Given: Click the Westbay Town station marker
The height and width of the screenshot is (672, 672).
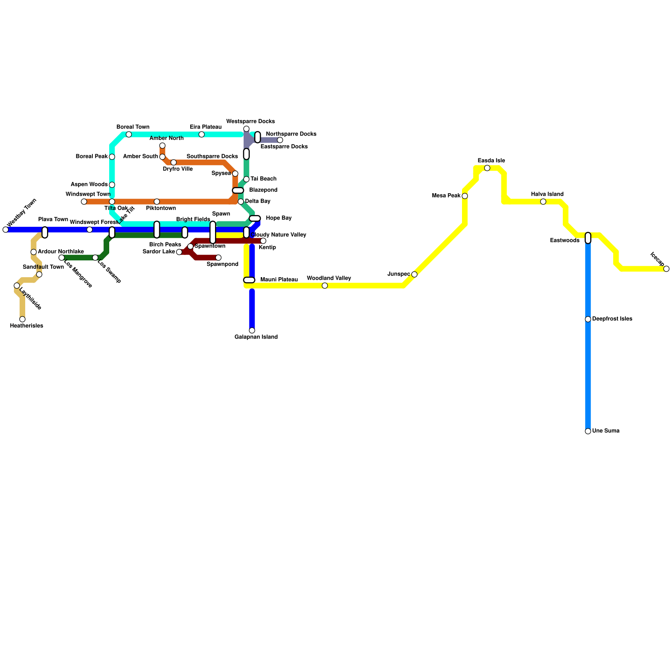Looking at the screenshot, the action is [x=5, y=229].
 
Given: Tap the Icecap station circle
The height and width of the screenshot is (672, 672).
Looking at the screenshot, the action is [x=666, y=269].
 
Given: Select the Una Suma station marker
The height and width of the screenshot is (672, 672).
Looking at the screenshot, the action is [x=588, y=431].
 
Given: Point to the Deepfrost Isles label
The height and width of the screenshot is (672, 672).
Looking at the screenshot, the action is [x=612, y=319].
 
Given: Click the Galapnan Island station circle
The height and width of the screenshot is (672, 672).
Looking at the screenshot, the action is [x=252, y=331].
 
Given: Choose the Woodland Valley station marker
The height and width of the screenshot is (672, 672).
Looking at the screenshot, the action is [x=325, y=286].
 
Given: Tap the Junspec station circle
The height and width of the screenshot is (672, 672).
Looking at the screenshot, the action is [x=414, y=274].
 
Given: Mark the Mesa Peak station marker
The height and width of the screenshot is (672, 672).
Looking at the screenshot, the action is [x=465, y=196].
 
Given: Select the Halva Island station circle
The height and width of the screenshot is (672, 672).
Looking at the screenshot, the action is [x=543, y=202].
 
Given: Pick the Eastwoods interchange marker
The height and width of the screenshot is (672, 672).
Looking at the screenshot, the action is [x=588, y=238].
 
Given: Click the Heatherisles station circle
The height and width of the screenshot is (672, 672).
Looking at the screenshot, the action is [x=22, y=319].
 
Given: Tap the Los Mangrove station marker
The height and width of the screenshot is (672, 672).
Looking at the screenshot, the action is [x=61, y=257].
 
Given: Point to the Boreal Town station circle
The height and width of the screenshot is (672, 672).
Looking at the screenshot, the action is [x=129, y=134].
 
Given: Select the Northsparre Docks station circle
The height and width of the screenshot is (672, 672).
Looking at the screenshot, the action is [x=280, y=140].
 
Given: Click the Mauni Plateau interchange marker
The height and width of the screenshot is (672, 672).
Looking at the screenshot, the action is [x=249, y=280].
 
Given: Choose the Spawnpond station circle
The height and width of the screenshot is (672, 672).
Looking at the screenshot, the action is [x=218, y=257].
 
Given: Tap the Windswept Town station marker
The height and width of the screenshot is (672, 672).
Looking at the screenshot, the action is [x=84, y=202].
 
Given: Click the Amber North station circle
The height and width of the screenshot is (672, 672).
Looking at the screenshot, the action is [x=162, y=146].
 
